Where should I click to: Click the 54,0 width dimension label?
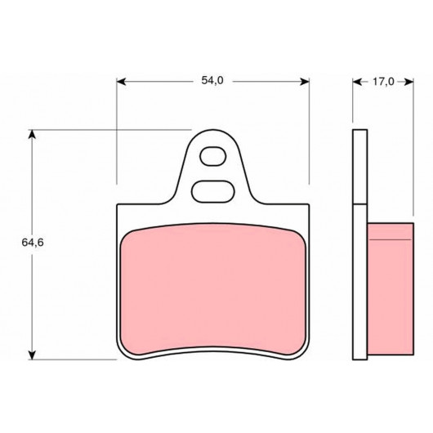[212, 80]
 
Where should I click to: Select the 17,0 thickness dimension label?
[383, 82]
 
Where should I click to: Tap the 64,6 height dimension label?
[33, 243]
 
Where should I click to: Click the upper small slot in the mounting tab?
[213, 156]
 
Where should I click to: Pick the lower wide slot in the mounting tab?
[213, 192]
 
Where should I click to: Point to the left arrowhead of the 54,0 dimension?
[121, 82]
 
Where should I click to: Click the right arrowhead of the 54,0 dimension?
[305, 82]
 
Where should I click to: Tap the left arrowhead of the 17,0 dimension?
[357, 82]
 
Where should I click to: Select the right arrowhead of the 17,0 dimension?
[409, 82]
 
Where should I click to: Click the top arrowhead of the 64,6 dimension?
[33, 134]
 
